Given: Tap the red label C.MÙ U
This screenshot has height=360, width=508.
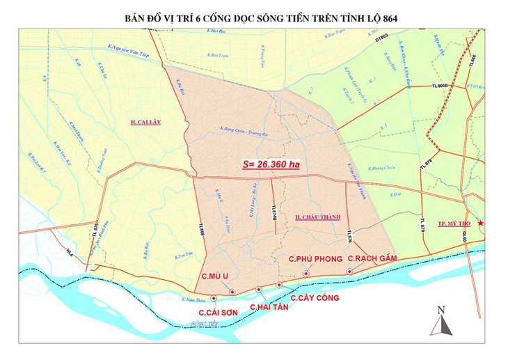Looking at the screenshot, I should point(216,276).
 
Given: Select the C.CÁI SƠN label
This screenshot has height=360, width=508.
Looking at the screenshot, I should point(219,313).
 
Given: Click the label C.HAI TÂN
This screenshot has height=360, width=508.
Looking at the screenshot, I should point(269,306).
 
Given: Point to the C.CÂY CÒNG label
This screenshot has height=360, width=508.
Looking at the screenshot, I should point(315,297).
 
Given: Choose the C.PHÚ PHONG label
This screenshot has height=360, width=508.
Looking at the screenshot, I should point(315,259).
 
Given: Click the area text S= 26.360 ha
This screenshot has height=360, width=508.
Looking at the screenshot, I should point(271,165).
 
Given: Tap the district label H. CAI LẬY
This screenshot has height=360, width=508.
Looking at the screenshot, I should point(145,122).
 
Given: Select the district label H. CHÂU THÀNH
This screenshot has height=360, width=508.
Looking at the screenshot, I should point(318,217).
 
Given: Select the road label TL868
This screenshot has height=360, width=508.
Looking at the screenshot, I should point(201,228).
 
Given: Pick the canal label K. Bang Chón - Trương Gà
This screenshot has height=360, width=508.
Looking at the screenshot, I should point(243,128).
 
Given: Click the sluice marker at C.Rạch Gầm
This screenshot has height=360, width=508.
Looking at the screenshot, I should point(349,272).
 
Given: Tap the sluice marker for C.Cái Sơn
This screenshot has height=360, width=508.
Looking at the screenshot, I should point(213,299).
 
